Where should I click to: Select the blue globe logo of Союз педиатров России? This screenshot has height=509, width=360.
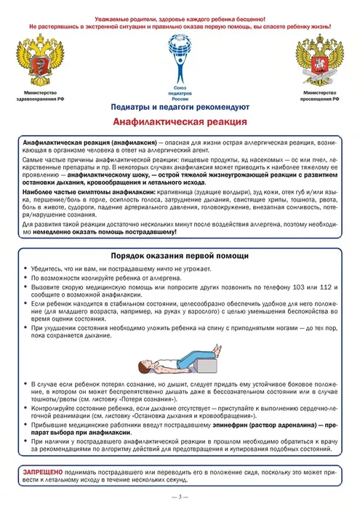180,60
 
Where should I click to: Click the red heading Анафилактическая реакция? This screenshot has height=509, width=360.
180,123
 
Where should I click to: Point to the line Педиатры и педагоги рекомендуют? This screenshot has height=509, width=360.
180,108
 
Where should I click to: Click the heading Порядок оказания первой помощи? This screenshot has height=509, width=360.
180,256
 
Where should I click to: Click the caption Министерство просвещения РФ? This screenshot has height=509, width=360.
318,97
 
